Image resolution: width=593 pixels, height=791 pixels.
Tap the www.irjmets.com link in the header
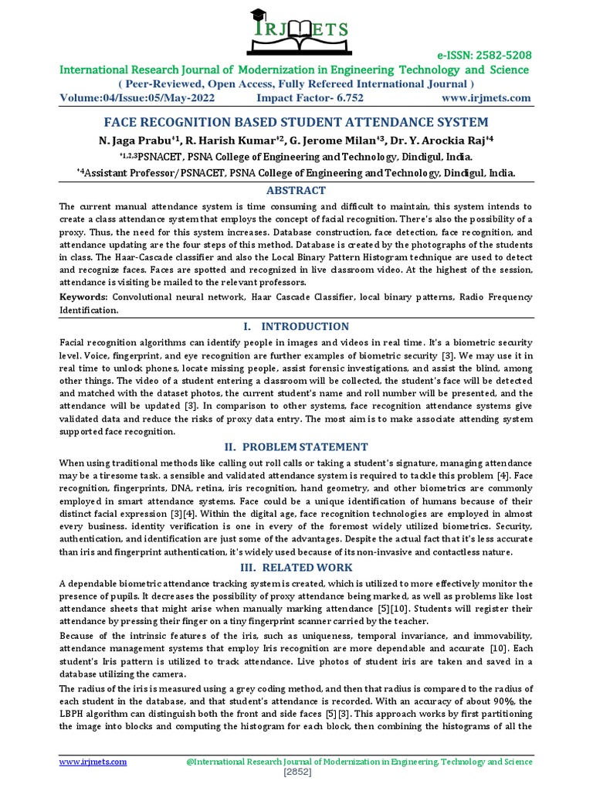click(x=486, y=98)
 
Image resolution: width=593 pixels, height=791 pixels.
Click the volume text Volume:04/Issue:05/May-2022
click(x=137, y=98)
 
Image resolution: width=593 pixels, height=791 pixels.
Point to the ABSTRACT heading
click(x=296, y=190)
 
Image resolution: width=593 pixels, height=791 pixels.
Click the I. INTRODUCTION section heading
click(x=296, y=326)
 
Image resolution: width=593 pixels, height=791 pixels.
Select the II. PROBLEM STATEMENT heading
click(x=296, y=446)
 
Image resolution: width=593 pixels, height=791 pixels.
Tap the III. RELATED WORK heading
click(x=296, y=567)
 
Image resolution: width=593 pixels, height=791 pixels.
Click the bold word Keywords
click(x=83, y=297)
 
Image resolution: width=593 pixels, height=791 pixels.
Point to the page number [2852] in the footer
click(x=296, y=772)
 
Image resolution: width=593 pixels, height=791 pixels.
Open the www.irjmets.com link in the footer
click(x=93, y=762)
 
